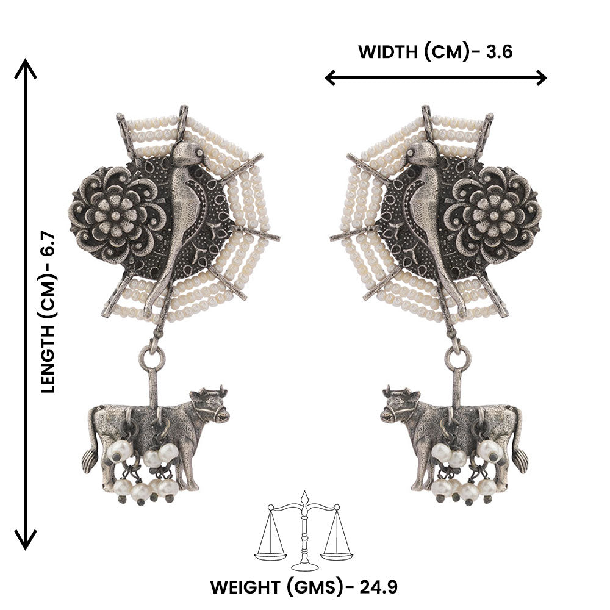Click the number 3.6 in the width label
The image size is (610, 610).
click(x=499, y=52)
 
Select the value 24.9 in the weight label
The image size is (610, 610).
click(x=378, y=587)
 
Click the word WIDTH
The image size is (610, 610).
click(x=387, y=52)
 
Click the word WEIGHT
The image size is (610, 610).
click(x=245, y=587)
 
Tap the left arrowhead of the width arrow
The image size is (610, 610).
click(x=331, y=78)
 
